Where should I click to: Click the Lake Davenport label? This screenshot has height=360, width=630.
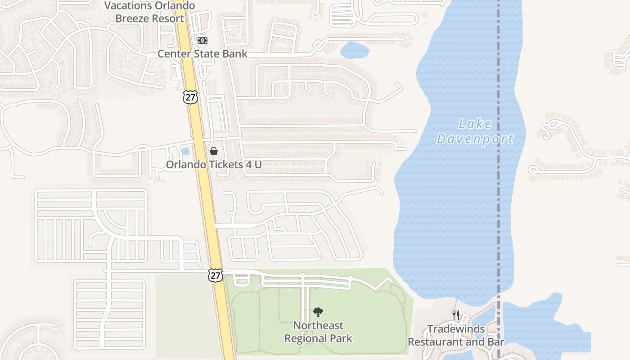point(475,131)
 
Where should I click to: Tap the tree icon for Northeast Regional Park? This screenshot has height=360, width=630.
point(318,312)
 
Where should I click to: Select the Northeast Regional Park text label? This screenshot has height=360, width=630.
point(318,332)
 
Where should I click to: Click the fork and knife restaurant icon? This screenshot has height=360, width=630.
point(456,315)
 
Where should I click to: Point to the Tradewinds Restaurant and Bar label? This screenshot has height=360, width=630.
point(456,335)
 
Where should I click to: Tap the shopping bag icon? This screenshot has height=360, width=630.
point(214,151)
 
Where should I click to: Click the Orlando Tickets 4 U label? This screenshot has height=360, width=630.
point(214,165)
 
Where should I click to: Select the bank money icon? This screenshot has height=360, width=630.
point(202,40)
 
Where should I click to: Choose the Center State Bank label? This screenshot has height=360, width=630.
point(202,54)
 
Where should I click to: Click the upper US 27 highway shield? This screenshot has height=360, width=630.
point(190,96)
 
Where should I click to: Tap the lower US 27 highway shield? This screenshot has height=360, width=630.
point(216,275)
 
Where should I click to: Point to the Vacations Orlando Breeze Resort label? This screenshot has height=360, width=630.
point(150,12)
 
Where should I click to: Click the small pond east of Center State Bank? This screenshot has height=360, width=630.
point(355,50)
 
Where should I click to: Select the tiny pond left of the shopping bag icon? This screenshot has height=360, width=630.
point(185,151)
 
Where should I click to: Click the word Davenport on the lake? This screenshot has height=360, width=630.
point(475,139)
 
